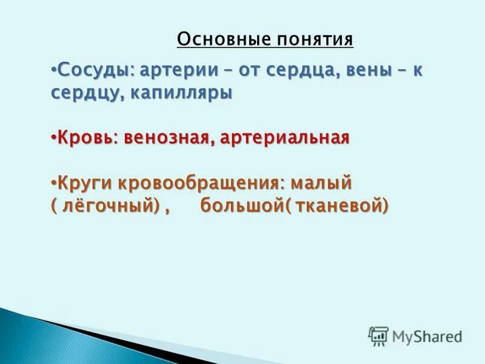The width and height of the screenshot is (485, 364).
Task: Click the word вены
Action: click(358, 70)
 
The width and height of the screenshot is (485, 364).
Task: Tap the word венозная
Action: click(167, 138)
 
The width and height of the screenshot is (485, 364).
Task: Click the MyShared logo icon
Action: click(378, 336)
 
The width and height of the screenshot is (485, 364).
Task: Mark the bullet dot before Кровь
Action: click(52, 136)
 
